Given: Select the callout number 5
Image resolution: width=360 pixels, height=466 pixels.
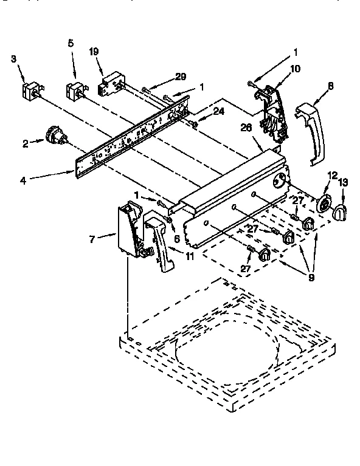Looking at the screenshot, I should (x=71, y=43).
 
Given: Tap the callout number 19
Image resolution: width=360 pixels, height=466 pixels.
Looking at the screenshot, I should (x=94, y=52).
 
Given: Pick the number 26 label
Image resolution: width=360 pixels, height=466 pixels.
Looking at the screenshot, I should (x=247, y=128).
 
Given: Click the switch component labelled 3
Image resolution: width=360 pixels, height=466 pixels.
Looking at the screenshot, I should (x=29, y=92).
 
